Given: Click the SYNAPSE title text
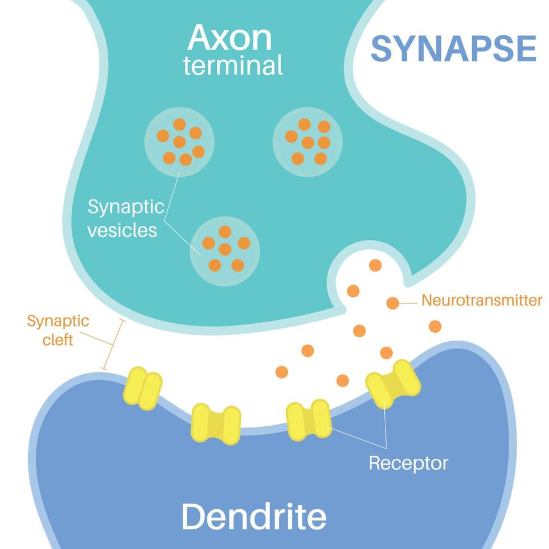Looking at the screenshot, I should coord(454,49).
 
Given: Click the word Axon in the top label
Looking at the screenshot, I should coord(230,38).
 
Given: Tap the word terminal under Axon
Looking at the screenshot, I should coord(233,66).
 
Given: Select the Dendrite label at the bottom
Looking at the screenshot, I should coord(254,516).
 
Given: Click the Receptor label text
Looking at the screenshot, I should coord(408,463).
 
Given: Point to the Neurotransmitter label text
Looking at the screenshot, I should coord(481,300).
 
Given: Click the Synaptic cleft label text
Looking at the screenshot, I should coord(58,331).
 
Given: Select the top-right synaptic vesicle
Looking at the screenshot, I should coord(308,142).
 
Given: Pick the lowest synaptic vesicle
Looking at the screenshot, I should coord(225,250).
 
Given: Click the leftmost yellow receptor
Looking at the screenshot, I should coord(142,388).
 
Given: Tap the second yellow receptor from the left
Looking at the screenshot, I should coord(216,424).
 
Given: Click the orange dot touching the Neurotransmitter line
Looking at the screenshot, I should coord(393,303).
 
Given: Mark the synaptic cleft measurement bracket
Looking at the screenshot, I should coord(113,344).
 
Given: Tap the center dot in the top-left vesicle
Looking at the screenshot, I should coord(179,142).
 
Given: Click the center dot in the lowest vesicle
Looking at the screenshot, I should coord(225,249).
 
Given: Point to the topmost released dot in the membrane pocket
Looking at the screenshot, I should coord(375,265).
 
